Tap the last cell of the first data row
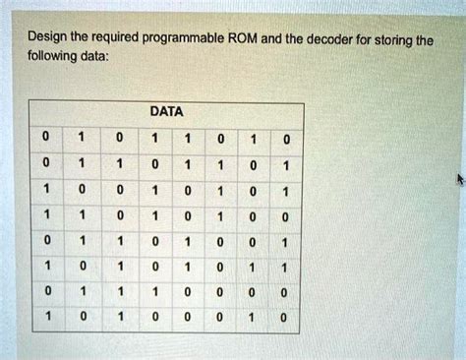pyautogui.click(x=282, y=139)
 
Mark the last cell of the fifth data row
pyautogui.click(x=282, y=241)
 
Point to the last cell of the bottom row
pyautogui.click(x=282, y=318)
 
